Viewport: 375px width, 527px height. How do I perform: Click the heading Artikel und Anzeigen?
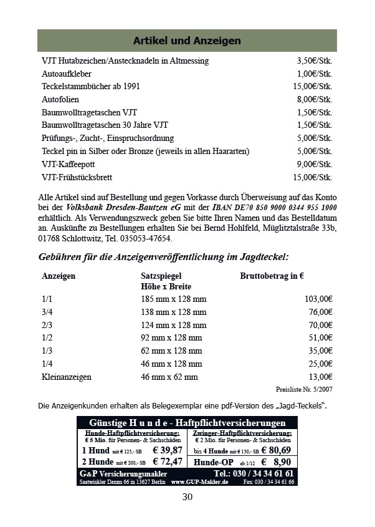click(187, 41)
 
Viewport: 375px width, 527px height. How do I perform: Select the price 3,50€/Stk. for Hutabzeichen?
click(315, 61)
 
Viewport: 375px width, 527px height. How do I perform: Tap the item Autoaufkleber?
click(67, 74)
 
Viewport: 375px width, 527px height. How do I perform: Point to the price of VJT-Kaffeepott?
click(315, 165)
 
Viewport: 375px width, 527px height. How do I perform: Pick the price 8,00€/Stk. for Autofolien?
click(315, 100)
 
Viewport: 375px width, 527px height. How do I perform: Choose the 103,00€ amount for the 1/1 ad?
click(318, 299)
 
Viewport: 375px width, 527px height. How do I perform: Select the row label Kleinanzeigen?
click(67, 377)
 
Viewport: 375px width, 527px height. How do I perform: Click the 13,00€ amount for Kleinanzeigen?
click(320, 377)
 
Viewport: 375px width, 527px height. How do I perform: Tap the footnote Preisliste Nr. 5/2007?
click(304, 389)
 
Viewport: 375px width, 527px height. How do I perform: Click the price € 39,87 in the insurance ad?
click(168, 450)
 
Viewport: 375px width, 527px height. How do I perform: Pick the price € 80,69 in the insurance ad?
click(276, 450)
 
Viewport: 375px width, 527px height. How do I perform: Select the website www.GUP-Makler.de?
click(199, 482)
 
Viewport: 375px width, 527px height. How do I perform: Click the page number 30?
click(187, 497)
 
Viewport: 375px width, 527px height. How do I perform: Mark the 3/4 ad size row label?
click(47, 312)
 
